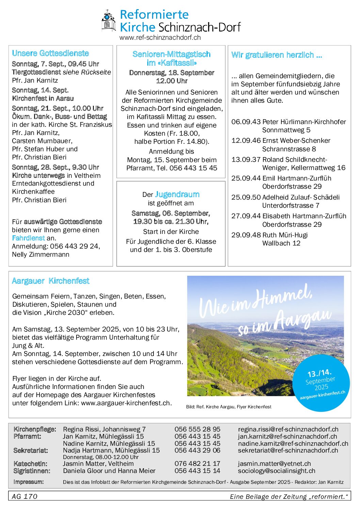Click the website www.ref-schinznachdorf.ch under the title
point(160,38)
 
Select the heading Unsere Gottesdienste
point(50,53)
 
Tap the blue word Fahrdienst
point(28,238)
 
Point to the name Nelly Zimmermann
point(40,254)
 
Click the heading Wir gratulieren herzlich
point(276,55)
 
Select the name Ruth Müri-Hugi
point(285,235)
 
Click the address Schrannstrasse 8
point(289,149)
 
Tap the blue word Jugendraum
point(177,194)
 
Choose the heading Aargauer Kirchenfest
point(50,281)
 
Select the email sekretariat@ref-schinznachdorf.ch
point(288,451)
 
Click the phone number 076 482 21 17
point(197,463)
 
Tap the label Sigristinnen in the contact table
point(32,471)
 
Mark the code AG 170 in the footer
point(24,496)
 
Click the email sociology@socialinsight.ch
point(276,471)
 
